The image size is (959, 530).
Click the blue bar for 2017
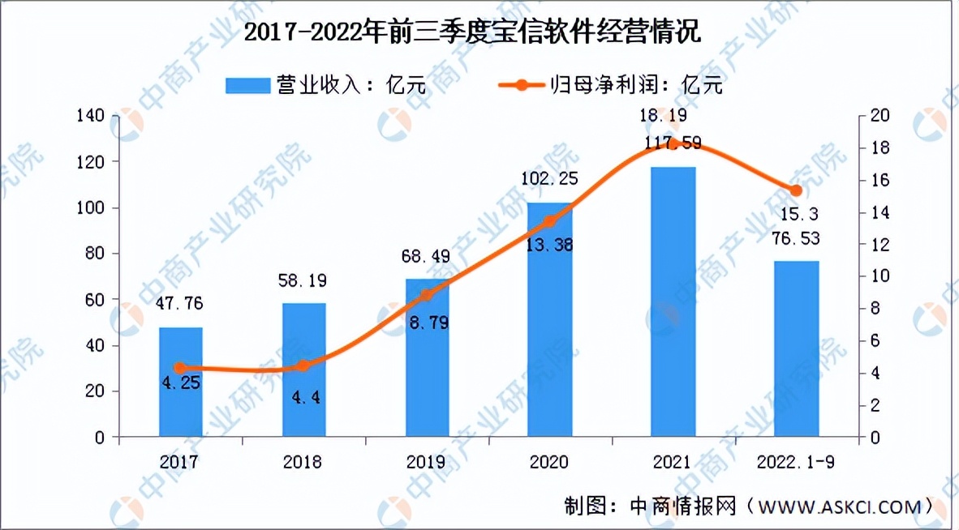(180, 382)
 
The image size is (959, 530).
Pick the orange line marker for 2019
(428, 294)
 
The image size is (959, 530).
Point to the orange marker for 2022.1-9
(796, 190)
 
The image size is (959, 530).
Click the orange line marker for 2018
(303, 365)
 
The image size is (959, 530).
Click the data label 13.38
(549, 245)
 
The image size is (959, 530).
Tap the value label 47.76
(180, 306)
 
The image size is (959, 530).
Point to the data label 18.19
(673, 117)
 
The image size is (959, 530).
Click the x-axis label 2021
(672, 462)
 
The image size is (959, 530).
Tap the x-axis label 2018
(303, 462)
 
